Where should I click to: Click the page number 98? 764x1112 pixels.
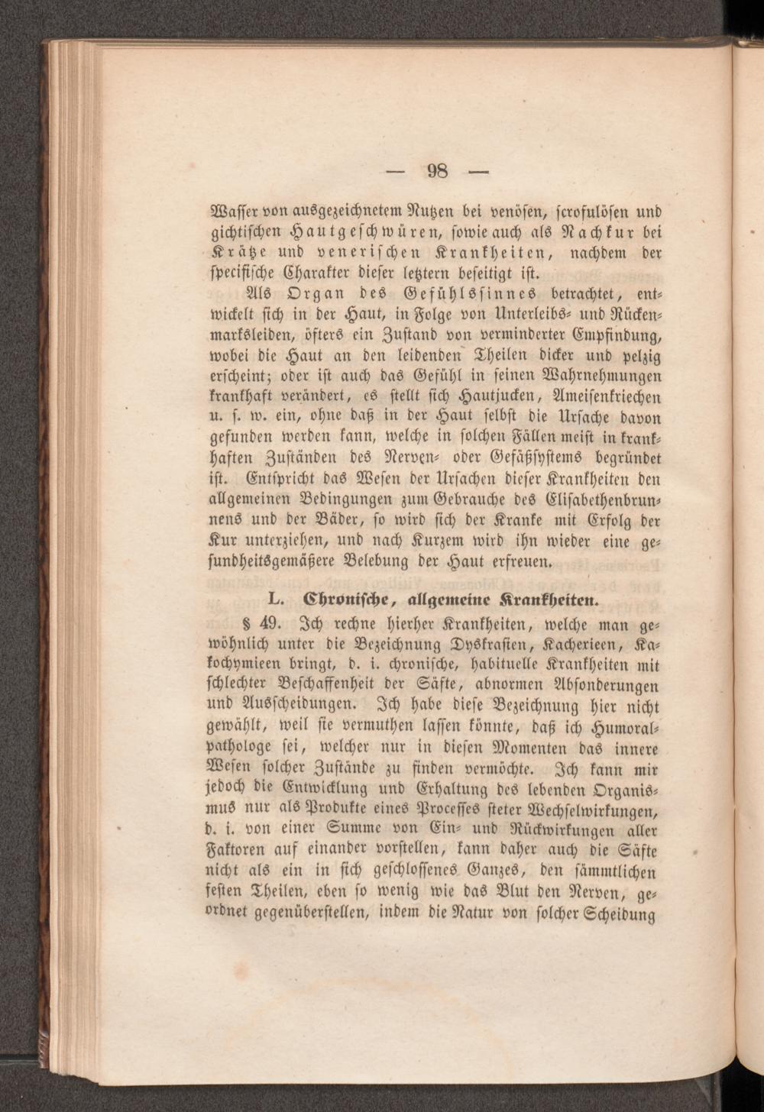438,170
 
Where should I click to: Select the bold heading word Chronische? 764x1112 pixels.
354,596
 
